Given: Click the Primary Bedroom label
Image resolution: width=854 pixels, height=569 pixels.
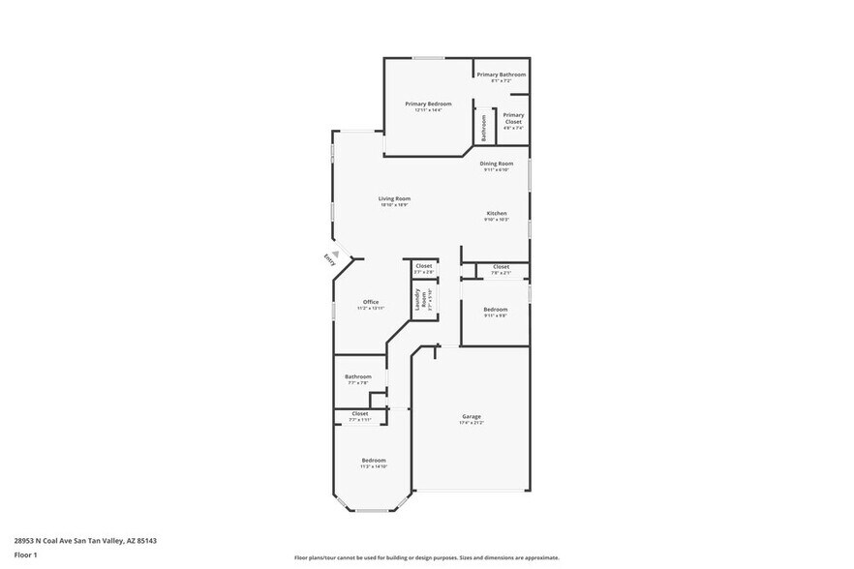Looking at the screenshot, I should pos(427,104).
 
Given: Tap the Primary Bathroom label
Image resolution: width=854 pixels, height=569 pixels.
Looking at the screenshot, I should pos(501,75).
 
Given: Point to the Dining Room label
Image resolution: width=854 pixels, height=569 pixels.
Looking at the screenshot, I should pos(496,164).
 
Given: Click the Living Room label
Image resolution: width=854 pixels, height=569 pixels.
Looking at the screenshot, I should pos(394,198).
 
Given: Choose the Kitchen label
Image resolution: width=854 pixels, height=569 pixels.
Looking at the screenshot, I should pos(496,213).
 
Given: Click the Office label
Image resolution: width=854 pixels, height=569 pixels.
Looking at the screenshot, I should pos(371,302).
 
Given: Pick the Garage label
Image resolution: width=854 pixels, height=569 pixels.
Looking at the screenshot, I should pos(472,416).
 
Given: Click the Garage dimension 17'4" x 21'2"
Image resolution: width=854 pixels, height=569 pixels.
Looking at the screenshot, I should pos(472,423).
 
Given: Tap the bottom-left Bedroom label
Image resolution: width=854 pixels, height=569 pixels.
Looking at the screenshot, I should pos(374,460).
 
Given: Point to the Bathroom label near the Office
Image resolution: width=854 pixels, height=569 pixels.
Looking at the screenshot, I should pos(358,376).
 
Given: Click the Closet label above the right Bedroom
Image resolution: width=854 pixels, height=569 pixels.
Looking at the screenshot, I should pos(501,266).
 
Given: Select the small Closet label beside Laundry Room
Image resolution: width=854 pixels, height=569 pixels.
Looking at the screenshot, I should pos(424,266).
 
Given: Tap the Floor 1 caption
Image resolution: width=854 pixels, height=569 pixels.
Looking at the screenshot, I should pos(25,554).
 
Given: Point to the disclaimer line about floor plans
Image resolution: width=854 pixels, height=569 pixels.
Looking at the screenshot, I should pos(426,557).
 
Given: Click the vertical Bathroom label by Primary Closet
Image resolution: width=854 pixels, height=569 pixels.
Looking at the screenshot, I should pos(483,128).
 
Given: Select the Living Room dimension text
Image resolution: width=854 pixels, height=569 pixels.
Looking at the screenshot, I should pos(394,205).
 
